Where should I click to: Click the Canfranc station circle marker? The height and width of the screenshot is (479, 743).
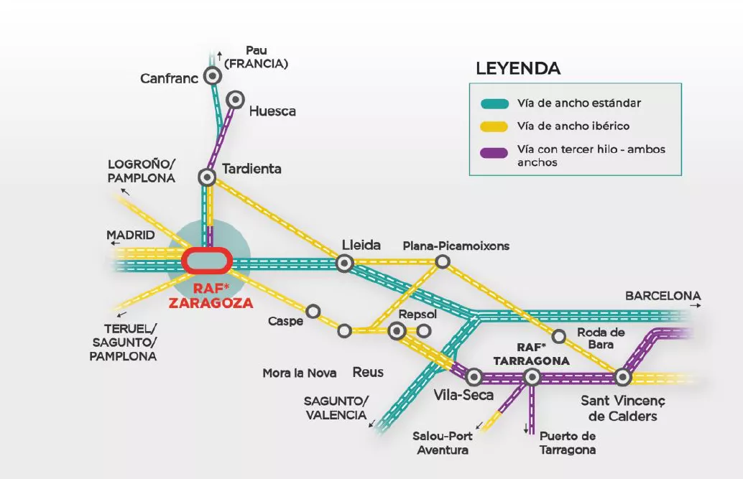pyautogui.click(x=212, y=76)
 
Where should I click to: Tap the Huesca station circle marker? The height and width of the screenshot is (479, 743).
pyautogui.click(x=235, y=99)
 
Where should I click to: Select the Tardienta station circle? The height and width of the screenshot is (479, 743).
pyautogui.click(x=207, y=177)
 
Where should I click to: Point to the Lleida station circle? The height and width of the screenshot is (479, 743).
pyautogui.click(x=345, y=264)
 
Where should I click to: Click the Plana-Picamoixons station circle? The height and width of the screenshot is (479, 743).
pyautogui.click(x=443, y=262)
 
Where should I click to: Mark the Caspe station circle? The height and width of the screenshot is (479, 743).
pyautogui.click(x=313, y=311)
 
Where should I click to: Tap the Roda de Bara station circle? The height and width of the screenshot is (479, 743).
pyautogui.click(x=558, y=336)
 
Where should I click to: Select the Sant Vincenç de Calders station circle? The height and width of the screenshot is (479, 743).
pyautogui.click(x=622, y=376)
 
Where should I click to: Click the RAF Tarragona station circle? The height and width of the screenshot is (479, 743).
pyautogui.click(x=532, y=376)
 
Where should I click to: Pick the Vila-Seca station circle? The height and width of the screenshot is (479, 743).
pyautogui.click(x=474, y=376)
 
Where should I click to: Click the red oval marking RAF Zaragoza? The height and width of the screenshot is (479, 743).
pyautogui.click(x=206, y=260)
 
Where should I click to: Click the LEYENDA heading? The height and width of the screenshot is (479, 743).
pyautogui.click(x=517, y=69)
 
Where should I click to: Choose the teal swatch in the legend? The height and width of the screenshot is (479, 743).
pyautogui.click(x=494, y=103)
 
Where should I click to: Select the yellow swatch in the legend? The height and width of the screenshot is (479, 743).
pyautogui.click(x=494, y=126)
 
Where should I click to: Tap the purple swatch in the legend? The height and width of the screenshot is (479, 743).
pyautogui.click(x=494, y=152)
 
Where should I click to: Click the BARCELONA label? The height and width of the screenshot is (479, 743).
pyautogui.click(x=663, y=296)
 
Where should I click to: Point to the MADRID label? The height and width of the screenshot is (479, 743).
pyautogui.click(x=131, y=236)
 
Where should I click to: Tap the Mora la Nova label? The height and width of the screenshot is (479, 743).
pyautogui.click(x=300, y=373)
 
